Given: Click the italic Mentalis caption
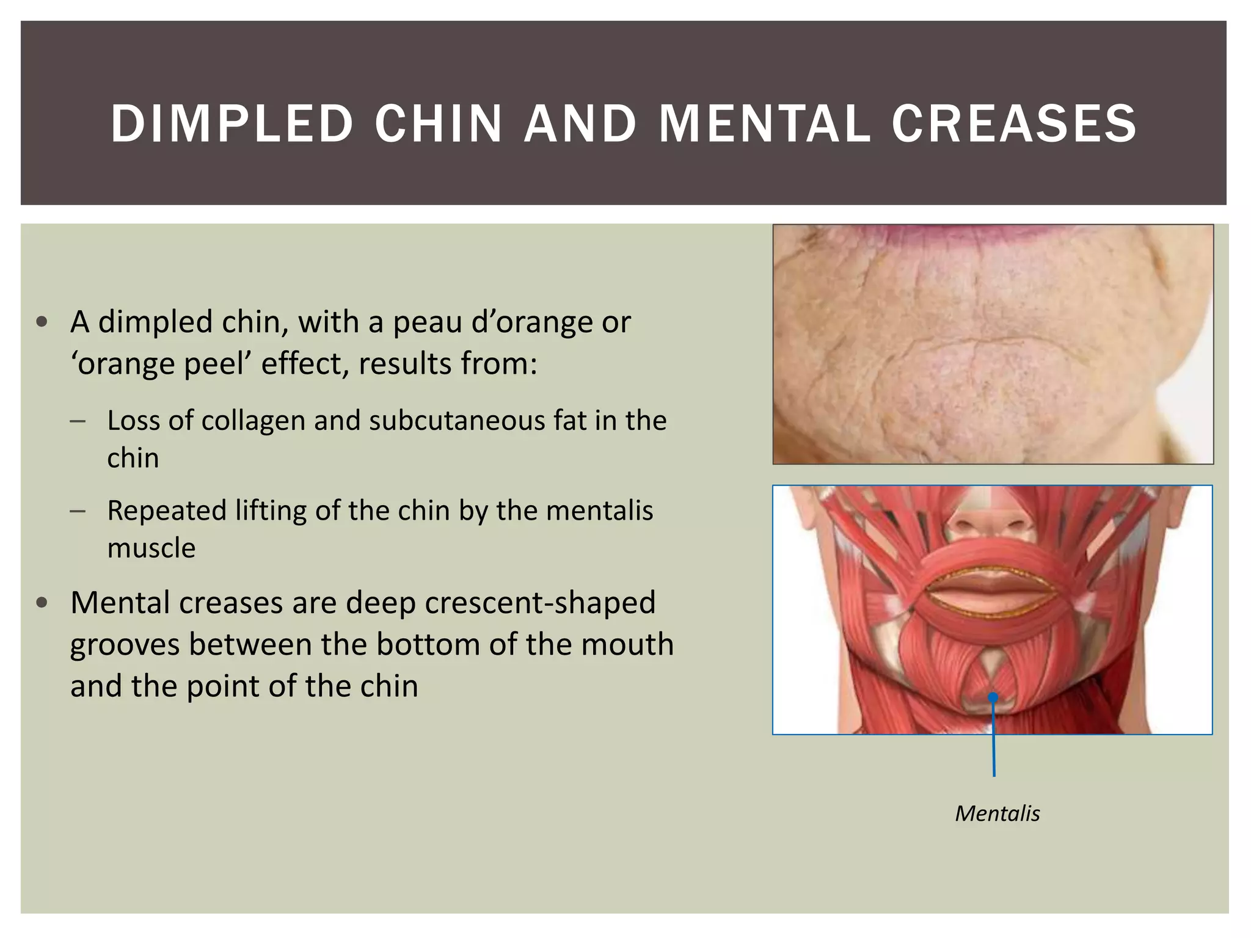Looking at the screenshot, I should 997,813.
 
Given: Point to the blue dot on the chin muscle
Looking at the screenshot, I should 993,697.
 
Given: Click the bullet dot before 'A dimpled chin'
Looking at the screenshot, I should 42,322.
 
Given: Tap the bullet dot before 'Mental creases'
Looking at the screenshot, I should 42,603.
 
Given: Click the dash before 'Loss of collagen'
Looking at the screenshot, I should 78,421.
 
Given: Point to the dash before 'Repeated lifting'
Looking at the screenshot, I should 78,511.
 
